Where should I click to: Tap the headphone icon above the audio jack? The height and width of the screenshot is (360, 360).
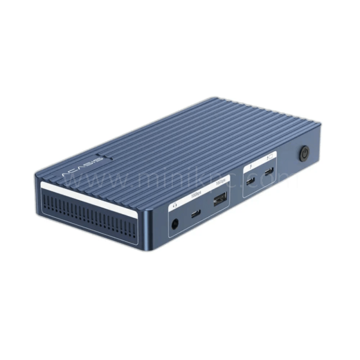point(175,204)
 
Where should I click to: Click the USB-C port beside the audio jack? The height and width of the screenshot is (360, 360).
point(196,214)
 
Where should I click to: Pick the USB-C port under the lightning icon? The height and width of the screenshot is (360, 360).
point(250,181)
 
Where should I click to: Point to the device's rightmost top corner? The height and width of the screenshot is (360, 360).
point(320,126)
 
